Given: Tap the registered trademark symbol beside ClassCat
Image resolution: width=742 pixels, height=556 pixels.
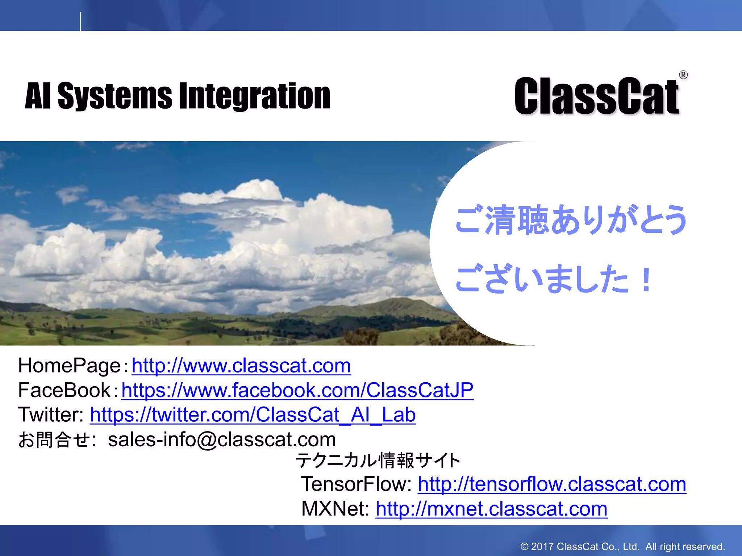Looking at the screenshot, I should pyautogui.click(x=683, y=75).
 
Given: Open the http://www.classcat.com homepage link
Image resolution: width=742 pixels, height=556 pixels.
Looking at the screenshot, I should pyautogui.click(x=241, y=366).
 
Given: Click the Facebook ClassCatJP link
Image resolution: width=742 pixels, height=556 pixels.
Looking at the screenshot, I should pyautogui.click(x=297, y=390).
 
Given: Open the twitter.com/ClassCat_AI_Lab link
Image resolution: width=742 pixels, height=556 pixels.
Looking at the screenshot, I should pyautogui.click(x=253, y=415).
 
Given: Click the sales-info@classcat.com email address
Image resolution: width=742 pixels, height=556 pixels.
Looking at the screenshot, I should pyautogui.click(x=222, y=439).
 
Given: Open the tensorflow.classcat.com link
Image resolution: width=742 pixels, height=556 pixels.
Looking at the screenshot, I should pyautogui.click(x=552, y=484).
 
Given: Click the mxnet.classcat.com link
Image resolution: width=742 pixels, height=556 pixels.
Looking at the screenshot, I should pyautogui.click(x=491, y=509).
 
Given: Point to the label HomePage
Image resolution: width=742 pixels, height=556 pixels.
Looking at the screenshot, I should pyautogui.click(x=69, y=366).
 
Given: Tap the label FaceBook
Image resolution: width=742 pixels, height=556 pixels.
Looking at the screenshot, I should pyautogui.click(x=64, y=390).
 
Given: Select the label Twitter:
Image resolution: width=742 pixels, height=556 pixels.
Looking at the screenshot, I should pyautogui.click(x=51, y=415).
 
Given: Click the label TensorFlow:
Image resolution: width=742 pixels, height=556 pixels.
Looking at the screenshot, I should pyautogui.click(x=357, y=484).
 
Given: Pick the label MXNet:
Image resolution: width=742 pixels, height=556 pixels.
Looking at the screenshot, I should pyautogui.click(x=335, y=509).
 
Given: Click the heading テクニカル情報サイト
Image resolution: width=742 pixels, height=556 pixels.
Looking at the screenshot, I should pyautogui.click(x=378, y=460).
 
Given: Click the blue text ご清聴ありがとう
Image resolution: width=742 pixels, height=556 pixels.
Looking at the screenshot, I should pyautogui.click(x=571, y=219).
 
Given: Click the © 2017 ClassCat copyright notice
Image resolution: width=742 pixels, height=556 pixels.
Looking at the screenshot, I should pyautogui.click(x=622, y=547).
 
